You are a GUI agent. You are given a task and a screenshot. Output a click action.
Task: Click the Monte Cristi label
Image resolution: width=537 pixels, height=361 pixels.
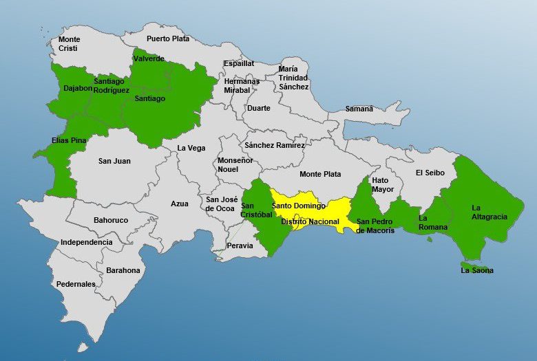(x=69, y=44)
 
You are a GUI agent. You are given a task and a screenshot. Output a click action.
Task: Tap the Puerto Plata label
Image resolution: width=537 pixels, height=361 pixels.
(x=167, y=39)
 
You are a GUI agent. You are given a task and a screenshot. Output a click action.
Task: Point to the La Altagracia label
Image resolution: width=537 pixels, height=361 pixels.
(x=489, y=212)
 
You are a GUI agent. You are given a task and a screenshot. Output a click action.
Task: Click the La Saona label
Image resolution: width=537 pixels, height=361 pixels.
(x=477, y=270)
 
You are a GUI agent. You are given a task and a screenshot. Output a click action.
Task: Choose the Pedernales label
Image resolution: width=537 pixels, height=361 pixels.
(x=76, y=284)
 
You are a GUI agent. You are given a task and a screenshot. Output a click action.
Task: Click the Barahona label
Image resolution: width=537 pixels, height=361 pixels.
(x=123, y=270)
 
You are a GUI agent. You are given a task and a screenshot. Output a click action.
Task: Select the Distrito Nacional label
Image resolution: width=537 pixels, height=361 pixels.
(x=310, y=221)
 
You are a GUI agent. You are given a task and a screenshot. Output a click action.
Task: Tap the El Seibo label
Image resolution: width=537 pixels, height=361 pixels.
(x=430, y=173)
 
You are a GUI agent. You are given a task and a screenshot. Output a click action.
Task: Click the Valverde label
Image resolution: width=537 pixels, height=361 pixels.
(x=149, y=59)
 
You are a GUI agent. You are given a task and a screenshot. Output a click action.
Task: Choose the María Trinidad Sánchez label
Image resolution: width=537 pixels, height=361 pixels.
(x=293, y=78)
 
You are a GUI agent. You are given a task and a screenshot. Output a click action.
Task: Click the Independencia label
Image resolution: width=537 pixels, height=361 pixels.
(x=86, y=242)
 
